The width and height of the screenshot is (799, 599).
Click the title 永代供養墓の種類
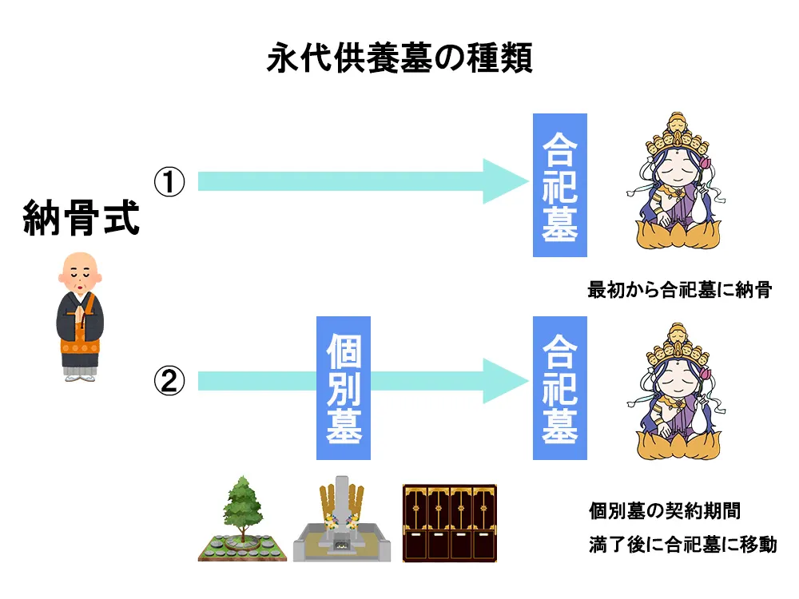[x=399, y=59]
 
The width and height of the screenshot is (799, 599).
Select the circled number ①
[x=169, y=183]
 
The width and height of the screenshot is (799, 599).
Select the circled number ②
[x=169, y=383]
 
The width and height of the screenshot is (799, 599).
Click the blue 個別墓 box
[x=344, y=388]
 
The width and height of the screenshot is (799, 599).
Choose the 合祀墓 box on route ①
[x=559, y=185]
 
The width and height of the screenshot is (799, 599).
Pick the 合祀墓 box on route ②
[x=559, y=388]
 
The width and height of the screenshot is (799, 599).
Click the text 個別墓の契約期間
[x=670, y=510]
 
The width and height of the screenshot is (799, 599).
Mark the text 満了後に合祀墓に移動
[x=682, y=546]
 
